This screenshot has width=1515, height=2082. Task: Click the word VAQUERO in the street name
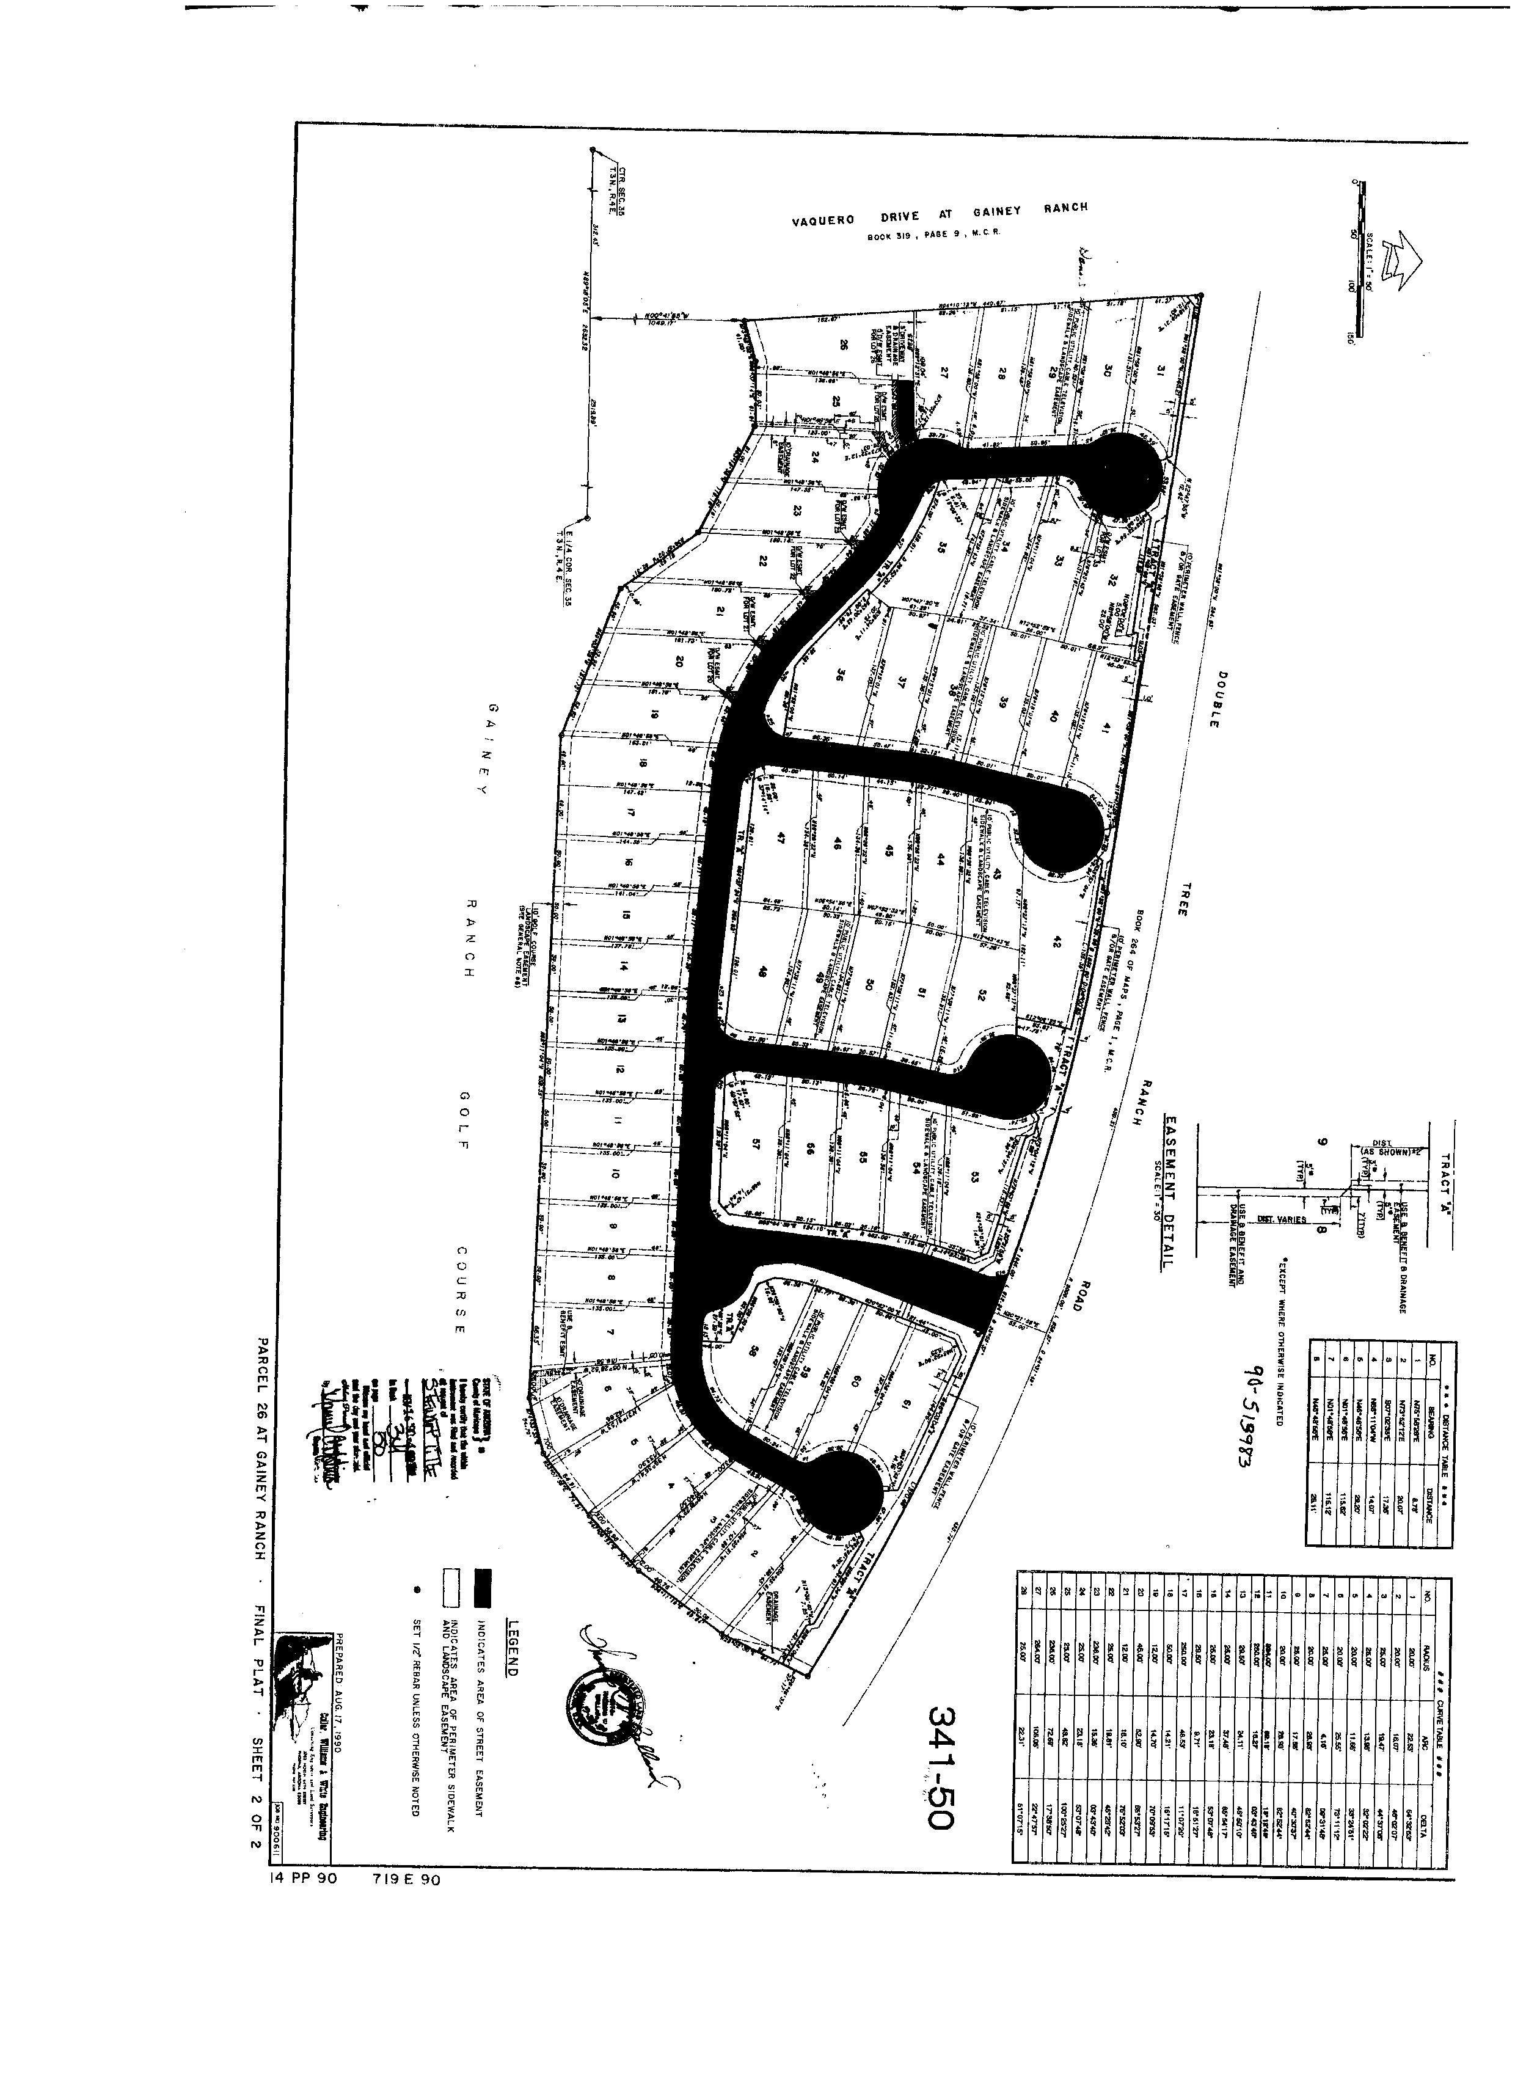tap(823, 219)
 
